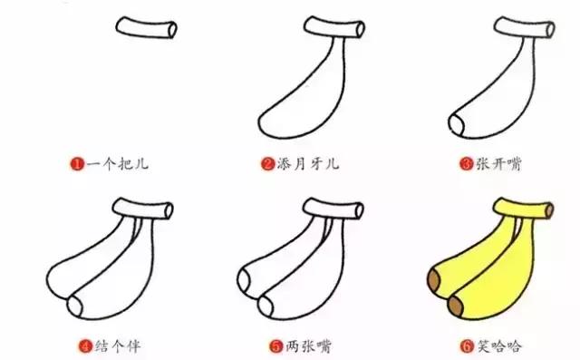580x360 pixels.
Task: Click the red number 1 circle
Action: click(x=78, y=164)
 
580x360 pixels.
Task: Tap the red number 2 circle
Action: click(x=267, y=164)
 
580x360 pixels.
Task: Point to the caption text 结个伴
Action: click(x=112, y=345)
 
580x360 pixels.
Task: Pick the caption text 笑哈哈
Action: click(x=496, y=345)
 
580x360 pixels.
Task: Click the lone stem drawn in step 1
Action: click(x=148, y=29)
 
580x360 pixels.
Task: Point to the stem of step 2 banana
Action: click(x=337, y=29)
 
